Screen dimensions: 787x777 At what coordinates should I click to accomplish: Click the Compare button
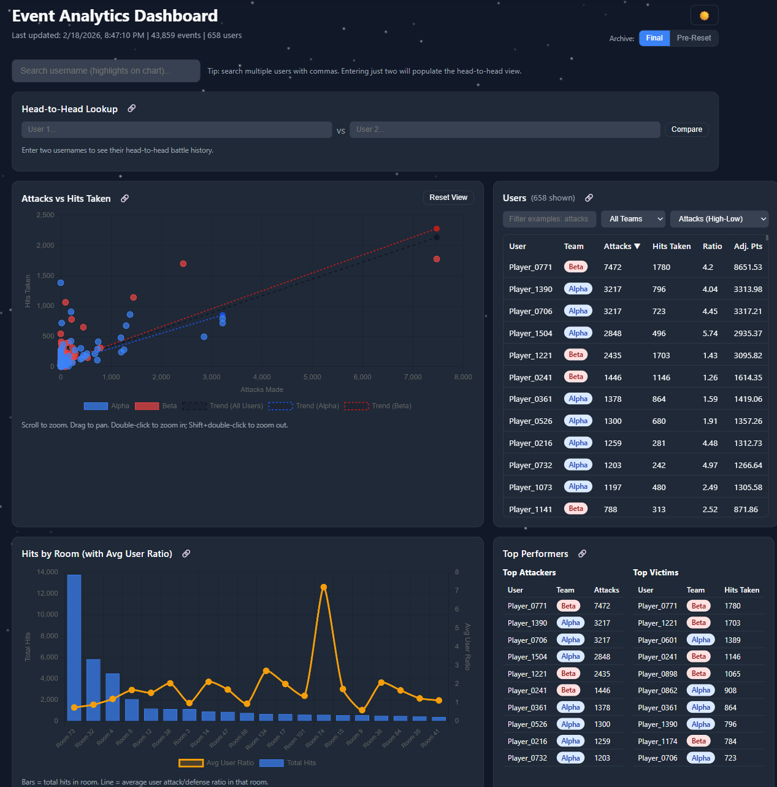coord(686,129)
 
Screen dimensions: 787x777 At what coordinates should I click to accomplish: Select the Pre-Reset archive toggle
coord(694,38)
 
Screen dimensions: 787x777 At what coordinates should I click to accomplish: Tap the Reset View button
coord(448,198)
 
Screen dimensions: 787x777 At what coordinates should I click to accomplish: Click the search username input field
coord(105,71)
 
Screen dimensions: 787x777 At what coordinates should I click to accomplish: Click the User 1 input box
coord(177,129)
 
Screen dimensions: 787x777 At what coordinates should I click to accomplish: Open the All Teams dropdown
coord(633,219)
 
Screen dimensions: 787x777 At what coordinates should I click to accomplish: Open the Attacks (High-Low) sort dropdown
coord(719,219)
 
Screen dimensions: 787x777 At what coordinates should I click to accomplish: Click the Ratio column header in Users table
coord(712,247)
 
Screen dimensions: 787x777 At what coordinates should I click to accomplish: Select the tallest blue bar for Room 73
coord(74,647)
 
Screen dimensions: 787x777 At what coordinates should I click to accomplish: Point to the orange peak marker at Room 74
coord(324,587)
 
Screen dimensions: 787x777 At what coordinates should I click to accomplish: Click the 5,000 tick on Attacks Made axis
coord(312,377)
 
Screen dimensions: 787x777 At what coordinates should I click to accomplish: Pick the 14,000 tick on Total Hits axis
coord(47,572)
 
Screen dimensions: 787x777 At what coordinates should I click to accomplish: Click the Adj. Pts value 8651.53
coord(748,267)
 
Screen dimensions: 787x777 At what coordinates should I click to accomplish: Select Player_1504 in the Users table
coord(530,334)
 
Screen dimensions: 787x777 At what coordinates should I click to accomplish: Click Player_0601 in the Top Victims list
coord(657,640)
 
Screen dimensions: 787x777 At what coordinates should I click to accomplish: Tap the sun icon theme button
coord(704,15)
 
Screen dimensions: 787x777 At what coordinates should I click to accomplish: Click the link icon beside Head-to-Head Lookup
coord(131,109)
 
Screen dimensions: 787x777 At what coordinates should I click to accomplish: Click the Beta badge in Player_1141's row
coord(575,509)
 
